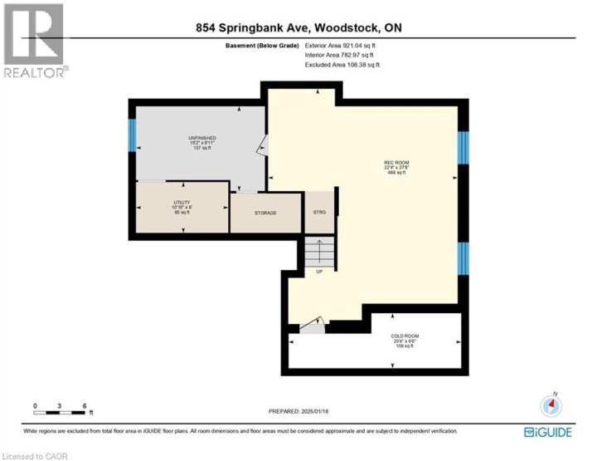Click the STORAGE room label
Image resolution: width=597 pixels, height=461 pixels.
point(265,213)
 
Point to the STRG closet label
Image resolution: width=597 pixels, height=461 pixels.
point(319,213)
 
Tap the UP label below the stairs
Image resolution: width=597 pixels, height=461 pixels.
point(318,271)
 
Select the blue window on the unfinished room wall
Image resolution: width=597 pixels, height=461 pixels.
point(131,135)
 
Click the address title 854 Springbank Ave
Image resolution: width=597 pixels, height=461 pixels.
point(298,27)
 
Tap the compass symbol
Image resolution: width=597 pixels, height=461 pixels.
point(551,406)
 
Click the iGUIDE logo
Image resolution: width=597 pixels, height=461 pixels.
point(546,432)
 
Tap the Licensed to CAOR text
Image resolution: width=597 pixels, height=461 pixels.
point(35,455)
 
